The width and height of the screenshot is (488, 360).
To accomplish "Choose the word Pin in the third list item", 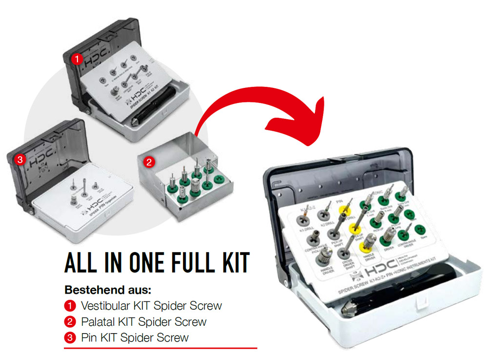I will tap(88, 338).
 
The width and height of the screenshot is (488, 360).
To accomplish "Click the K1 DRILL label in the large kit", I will tap(305, 229).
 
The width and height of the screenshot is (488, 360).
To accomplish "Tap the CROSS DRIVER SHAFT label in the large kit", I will tap(344, 264).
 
